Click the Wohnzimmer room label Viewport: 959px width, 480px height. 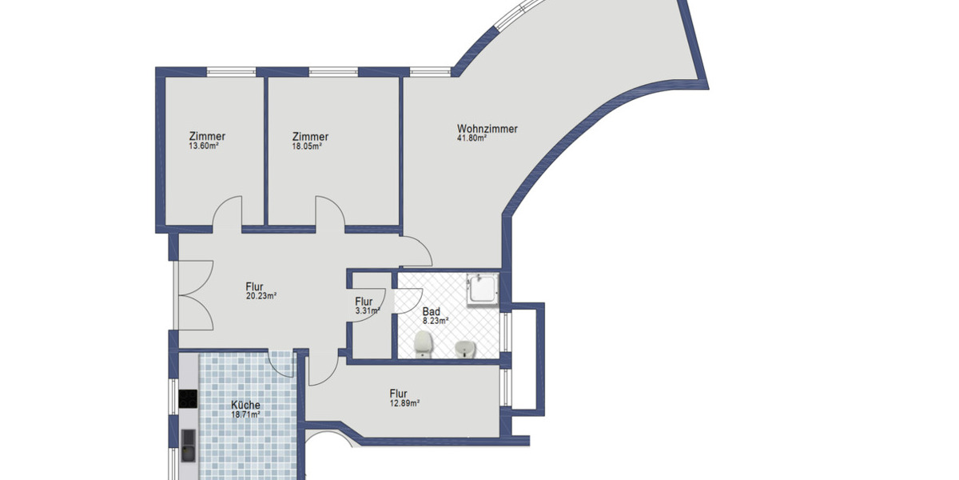pos(487,128)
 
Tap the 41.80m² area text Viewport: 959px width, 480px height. pos(472,138)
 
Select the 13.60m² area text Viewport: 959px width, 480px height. pos(204,146)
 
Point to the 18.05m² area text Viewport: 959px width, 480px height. pos(307,146)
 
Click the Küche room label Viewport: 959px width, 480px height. pos(245,405)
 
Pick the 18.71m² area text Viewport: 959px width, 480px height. pos(245,415)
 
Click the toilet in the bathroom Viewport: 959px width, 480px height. pos(423,345)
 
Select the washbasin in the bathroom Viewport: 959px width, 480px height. pos(464,350)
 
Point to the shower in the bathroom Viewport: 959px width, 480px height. pos(482,289)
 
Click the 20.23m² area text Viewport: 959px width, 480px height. pos(261,295)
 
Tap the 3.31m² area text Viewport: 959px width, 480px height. pos(366,310)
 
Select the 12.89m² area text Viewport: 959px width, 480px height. pos(404,403)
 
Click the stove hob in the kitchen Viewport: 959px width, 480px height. pos(189,398)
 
